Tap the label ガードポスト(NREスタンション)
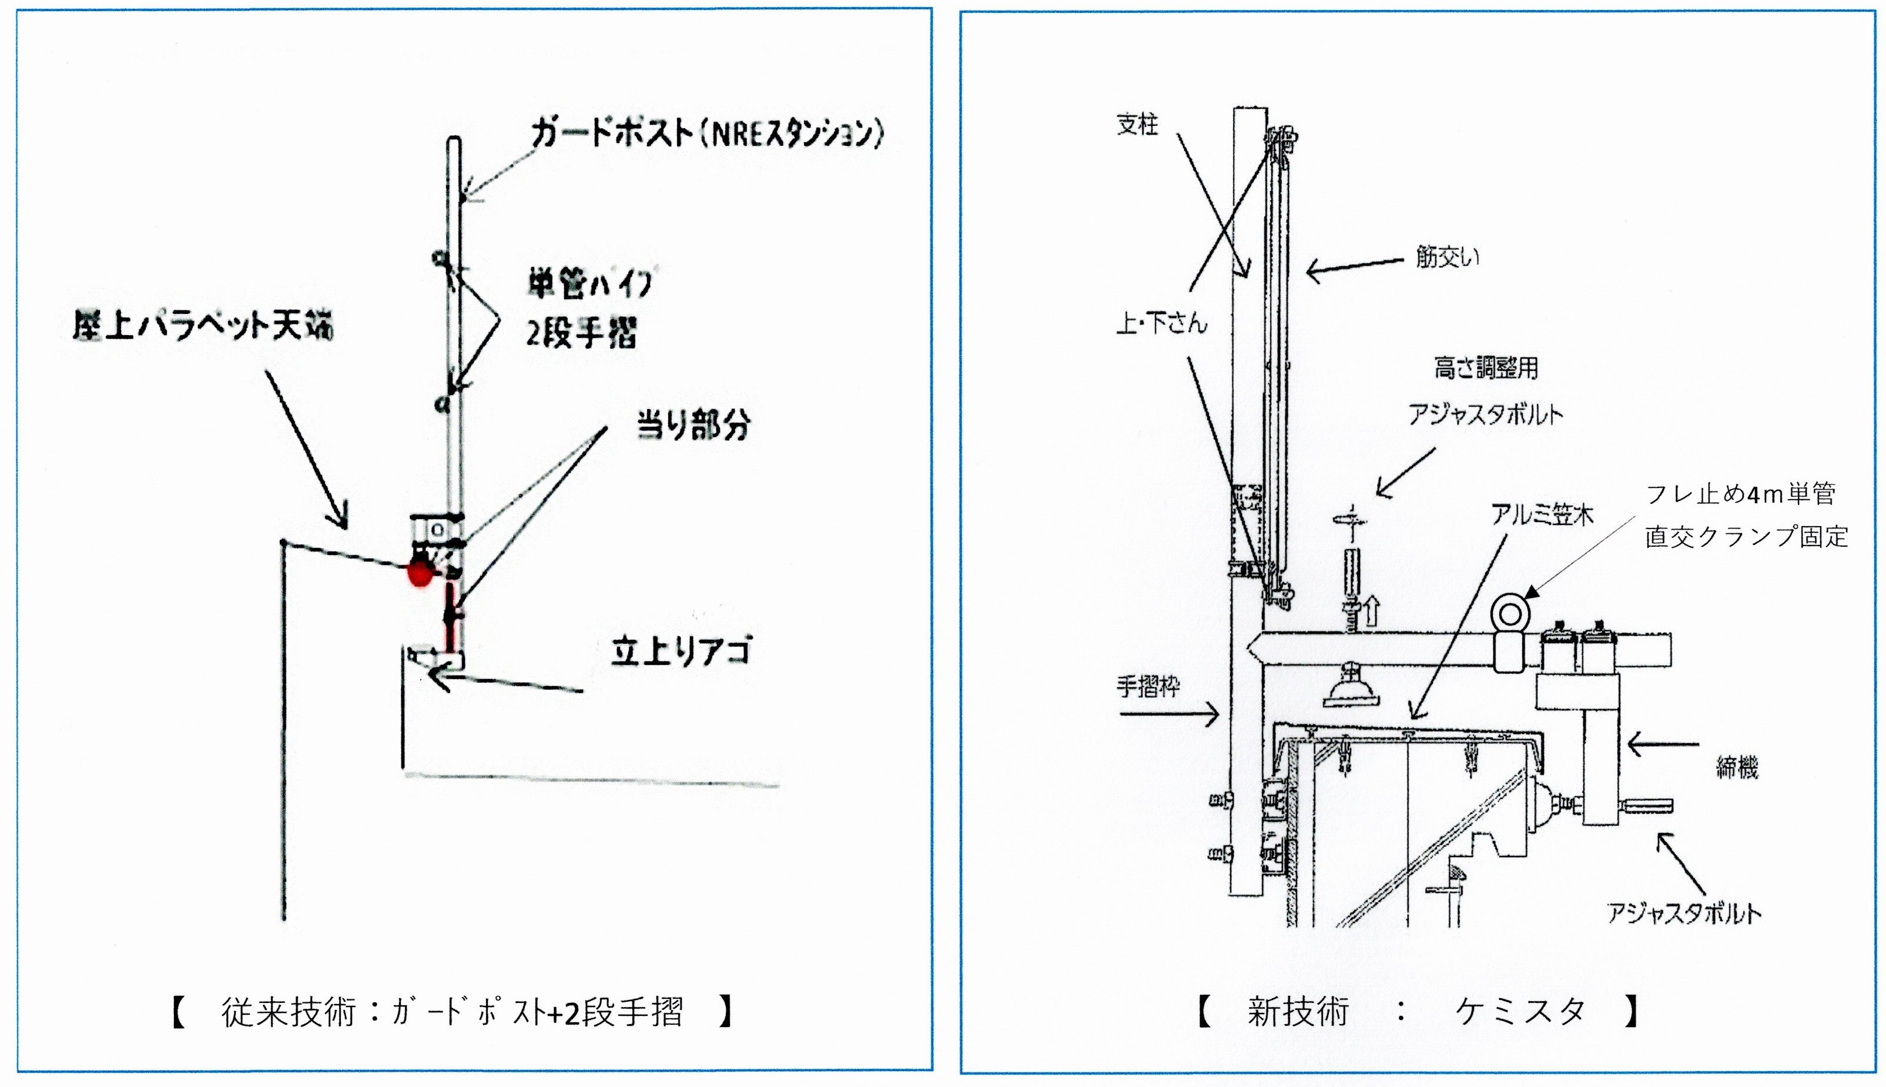[706, 135]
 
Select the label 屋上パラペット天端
[202, 326]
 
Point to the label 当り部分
[692, 426]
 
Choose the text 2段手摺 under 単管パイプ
[581, 332]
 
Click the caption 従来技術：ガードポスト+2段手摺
[451, 1013]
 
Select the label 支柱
[1137, 125]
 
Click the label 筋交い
[1447, 257]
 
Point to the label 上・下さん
[1161, 323]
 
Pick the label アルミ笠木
[1542, 515]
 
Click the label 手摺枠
[1148, 686]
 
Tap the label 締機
[1737, 767]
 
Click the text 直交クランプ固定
[1747, 537]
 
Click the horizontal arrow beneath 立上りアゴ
[508, 683]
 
